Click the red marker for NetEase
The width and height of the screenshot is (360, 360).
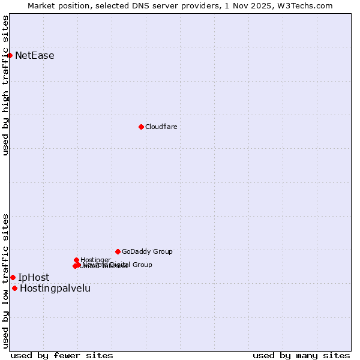pyautogui.click(x=10, y=55)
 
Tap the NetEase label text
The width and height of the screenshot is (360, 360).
pyautogui.click(x=34, y=56)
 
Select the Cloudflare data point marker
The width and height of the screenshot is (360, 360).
pyautogui.click(x=141, y=127)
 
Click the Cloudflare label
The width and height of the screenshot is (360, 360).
pyautogui.click(x=161, y=127)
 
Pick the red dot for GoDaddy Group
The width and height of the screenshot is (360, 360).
pyautogui.click(x=118, y=251)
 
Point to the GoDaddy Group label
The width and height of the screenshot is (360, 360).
pyautogui.click(x=147, y=251)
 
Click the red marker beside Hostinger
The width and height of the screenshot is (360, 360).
pyautogui.click(x=76, y=260)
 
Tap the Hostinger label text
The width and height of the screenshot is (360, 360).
pyautogui.click(x=95, y=260)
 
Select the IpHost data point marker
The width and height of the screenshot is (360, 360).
pyautogui.click(x=13, y=277)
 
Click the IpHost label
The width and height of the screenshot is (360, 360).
pyautogui.click(x=34, y=277)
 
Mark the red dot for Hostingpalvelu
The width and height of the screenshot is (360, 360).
pyautogui.click(x=14, y=288)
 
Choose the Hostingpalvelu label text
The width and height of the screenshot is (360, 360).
pyautogui.click(x=55, y=288)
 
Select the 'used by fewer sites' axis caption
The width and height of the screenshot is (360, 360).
pyautogui.click(x=62, y=355)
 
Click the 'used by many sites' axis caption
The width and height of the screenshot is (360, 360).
pyautogui.click(x=301, y=355)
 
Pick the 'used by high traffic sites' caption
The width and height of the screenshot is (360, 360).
pyautogui.click(x=5, y=85)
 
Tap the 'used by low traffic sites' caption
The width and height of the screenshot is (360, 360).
pyautogui.click(x=5, y=280)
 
